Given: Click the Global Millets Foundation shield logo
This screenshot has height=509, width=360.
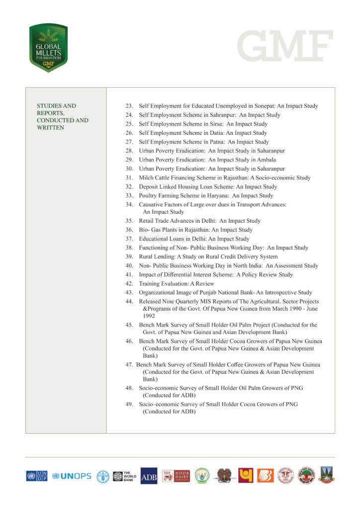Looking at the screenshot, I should [48, 48].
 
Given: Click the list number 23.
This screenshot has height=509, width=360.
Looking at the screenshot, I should [129, 106].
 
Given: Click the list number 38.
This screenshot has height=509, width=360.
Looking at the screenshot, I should [129, 248].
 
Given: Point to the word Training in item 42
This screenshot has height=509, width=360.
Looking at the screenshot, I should [150, 283].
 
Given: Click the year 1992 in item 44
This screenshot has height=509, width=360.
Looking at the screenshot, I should [150, 315].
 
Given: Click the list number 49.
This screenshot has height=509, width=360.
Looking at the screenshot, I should [129, 404].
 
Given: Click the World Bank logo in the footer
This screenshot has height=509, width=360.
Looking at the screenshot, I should [123, 476].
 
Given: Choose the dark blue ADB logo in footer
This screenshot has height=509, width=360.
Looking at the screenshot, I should [149, 476].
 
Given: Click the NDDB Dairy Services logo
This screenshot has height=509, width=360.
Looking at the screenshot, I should [175, 476].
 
